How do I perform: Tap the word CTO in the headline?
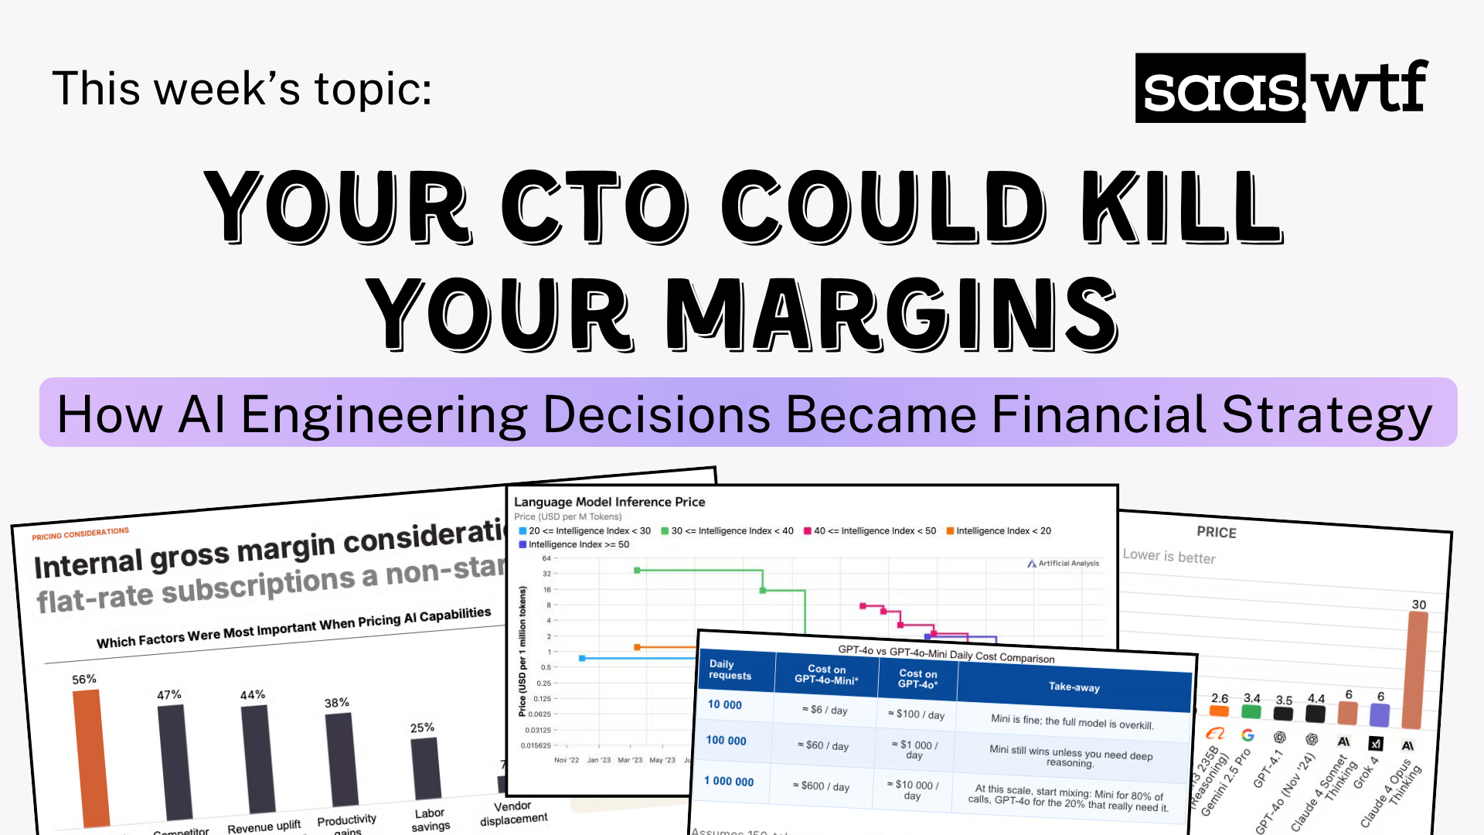tap(594, 206)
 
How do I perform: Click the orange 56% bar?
tap(91, 758)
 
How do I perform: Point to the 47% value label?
tap(169, 695)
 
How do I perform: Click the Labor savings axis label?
tap(431, 820)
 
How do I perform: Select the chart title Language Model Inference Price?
tap(609, 502)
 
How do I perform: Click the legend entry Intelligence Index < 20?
tap(1002, 531)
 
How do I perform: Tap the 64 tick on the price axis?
tap(546, 558)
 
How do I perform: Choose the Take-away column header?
tap(1074, 687)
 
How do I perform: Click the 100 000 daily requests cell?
tap(726, 741)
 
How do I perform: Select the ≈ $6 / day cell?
tap(825, 710)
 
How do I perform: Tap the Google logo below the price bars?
tap(1247, 735)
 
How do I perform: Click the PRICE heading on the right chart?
tap(1216, 532)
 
